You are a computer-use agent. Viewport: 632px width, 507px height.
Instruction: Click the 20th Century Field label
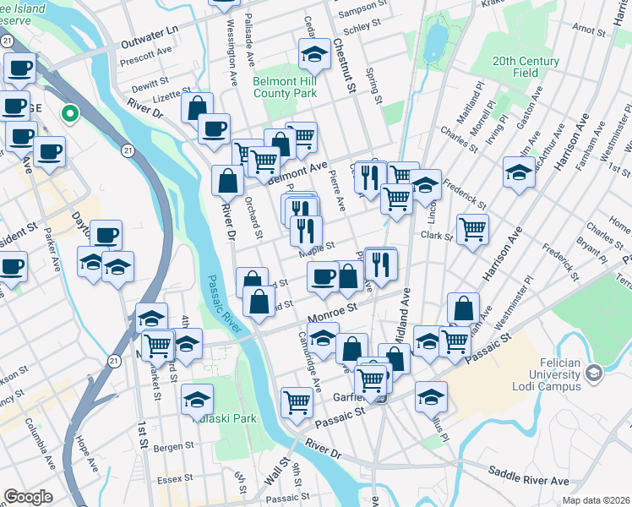tap(526, 68)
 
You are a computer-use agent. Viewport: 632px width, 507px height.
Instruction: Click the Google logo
tap(29, 496)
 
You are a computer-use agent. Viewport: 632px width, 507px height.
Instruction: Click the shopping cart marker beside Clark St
tap(472, 228)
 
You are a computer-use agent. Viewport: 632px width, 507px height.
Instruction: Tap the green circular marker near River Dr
tap(71, 112)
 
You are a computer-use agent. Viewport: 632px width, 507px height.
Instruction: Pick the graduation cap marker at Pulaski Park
tap(197, 397)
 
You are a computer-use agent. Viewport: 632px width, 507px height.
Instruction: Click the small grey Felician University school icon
tap(594, 372)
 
